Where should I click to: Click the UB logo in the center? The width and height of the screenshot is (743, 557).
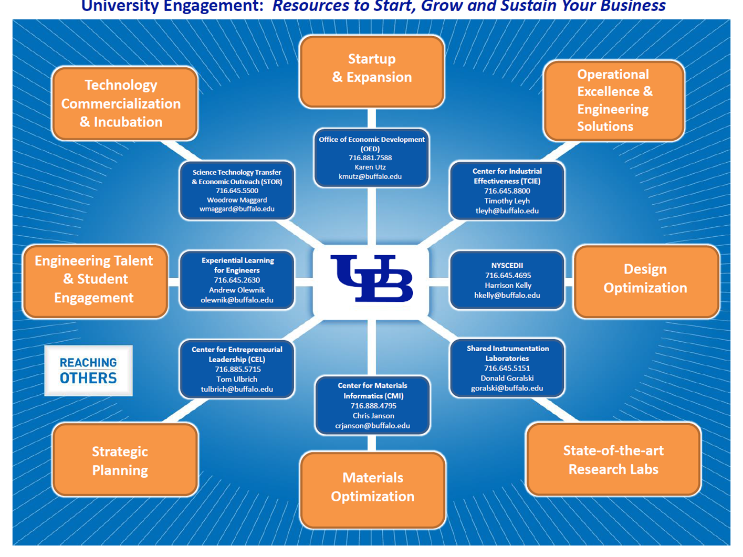[371, 279]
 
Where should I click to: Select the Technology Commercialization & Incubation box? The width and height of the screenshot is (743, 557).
[124, 103]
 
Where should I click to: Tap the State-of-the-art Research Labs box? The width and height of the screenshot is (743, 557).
[613, 460]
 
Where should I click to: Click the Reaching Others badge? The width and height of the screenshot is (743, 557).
[88, 371]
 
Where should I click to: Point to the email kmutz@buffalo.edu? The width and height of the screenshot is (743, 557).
[370, 176]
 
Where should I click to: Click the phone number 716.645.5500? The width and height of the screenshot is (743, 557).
[237, 191]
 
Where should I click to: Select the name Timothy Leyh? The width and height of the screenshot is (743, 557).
[507, 201]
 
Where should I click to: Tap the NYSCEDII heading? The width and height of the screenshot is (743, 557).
[507, 266]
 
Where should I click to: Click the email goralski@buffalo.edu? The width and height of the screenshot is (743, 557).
[507, 388]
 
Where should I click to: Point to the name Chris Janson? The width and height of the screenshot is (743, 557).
[373, 415]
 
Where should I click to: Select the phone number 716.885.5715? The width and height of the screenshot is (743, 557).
[237, 369]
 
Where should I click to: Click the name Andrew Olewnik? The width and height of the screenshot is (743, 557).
[237, 290]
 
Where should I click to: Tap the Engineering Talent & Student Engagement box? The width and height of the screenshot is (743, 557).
[95, 280]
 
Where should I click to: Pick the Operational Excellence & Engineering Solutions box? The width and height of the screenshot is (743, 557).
[614, 101]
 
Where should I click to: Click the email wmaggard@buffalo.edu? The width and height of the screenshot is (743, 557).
[237, 209]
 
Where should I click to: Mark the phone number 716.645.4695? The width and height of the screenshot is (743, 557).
[508, 275]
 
